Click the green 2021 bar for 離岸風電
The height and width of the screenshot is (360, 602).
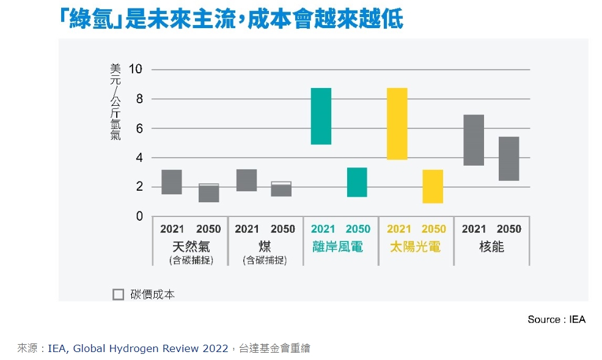click(321, 116)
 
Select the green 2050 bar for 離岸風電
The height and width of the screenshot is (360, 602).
click(357, 182)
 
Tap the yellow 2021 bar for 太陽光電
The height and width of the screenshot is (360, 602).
click(397, 123)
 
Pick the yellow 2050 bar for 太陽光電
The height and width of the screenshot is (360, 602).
click(433, 186)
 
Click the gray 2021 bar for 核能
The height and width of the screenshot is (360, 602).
click(474, 140)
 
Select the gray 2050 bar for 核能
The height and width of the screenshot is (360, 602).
click(508, 159)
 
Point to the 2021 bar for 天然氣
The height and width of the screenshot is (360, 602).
click(172, 182)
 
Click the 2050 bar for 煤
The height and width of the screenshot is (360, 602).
click(281, 189)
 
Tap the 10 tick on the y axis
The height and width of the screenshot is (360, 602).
click(135, 69)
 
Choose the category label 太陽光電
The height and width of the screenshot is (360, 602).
click(416, 246)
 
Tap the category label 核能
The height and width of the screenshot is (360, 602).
click(491, 246)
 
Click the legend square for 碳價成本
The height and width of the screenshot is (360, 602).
click(119, 294)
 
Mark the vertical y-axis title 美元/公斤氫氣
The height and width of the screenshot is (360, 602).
click(116, 101)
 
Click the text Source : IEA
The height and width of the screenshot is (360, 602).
click(556, 320)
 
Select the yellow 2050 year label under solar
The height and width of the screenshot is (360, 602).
click(434, 229)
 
